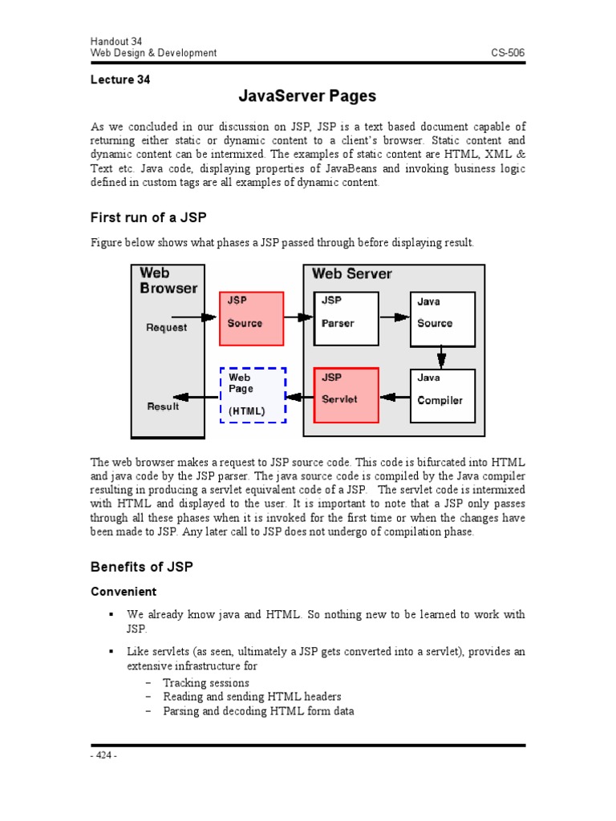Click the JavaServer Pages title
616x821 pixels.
(x=307, y=97)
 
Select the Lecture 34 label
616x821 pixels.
(x=120, y=79)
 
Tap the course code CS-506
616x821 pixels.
(x=509, y=53)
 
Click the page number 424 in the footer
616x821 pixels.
(x=103, y=755)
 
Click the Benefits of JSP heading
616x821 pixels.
(x=141, y=567)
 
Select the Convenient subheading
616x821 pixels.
(x=123, y=592)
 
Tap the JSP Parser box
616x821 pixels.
(x=346, y=317)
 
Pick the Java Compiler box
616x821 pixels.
(x=442, y=395)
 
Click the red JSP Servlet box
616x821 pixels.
(x=346, y=395)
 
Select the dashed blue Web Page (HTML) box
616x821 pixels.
(x=253, y=395)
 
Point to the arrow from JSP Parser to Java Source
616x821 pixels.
(x=394, y=317)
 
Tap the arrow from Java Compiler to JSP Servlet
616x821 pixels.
(x=394, y=396)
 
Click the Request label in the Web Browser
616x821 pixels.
(x=167, y=327)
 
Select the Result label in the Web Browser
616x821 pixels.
(x=164, y=406)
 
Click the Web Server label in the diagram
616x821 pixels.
(x=352, y=274)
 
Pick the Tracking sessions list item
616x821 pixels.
(x=206, y=683)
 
